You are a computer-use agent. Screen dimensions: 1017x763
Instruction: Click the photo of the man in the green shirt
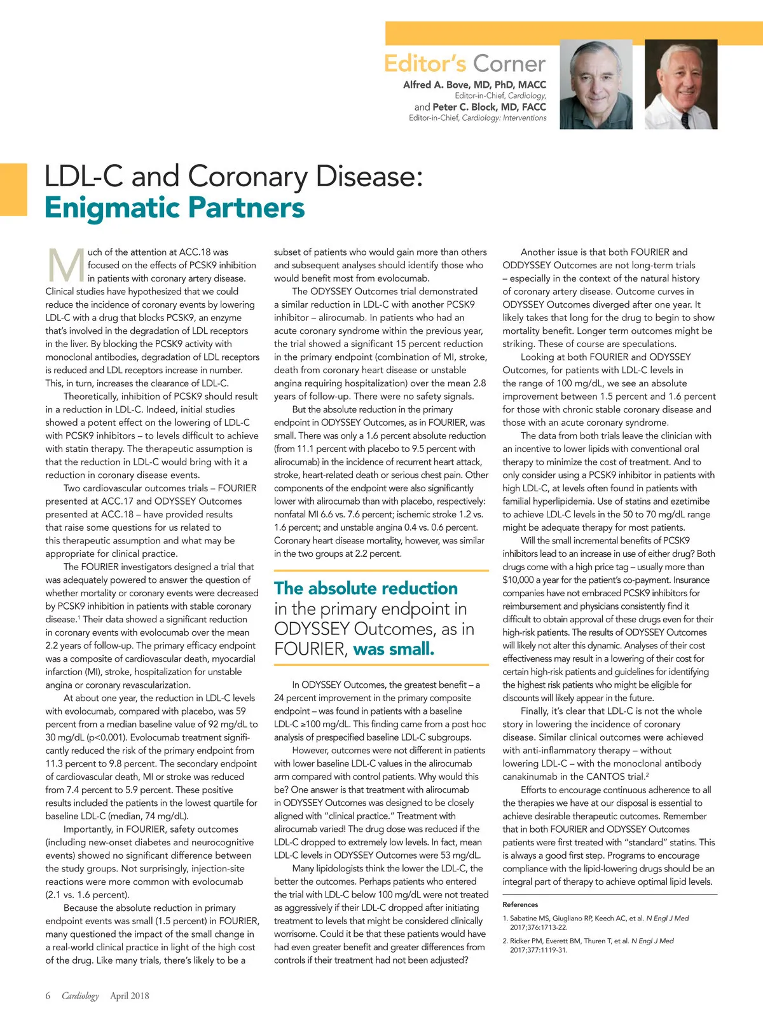596,85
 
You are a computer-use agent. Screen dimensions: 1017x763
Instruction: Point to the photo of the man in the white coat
681,85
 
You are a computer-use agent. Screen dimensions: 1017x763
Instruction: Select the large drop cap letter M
65,266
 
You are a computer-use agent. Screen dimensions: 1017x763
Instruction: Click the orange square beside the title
13,190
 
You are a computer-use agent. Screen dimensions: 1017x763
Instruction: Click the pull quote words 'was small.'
394,649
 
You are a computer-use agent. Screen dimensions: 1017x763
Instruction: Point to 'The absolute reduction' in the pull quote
366,588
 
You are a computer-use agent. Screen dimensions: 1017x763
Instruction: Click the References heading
520,904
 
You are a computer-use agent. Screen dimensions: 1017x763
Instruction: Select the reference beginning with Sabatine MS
595,922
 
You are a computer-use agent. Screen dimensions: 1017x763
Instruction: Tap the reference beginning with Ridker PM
588,945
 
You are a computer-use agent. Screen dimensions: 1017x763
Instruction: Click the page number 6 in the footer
48,995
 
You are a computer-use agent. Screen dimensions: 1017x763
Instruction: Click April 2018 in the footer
130,995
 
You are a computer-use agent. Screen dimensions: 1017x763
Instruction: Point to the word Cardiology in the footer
80,995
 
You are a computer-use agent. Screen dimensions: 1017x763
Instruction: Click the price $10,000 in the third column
522,580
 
